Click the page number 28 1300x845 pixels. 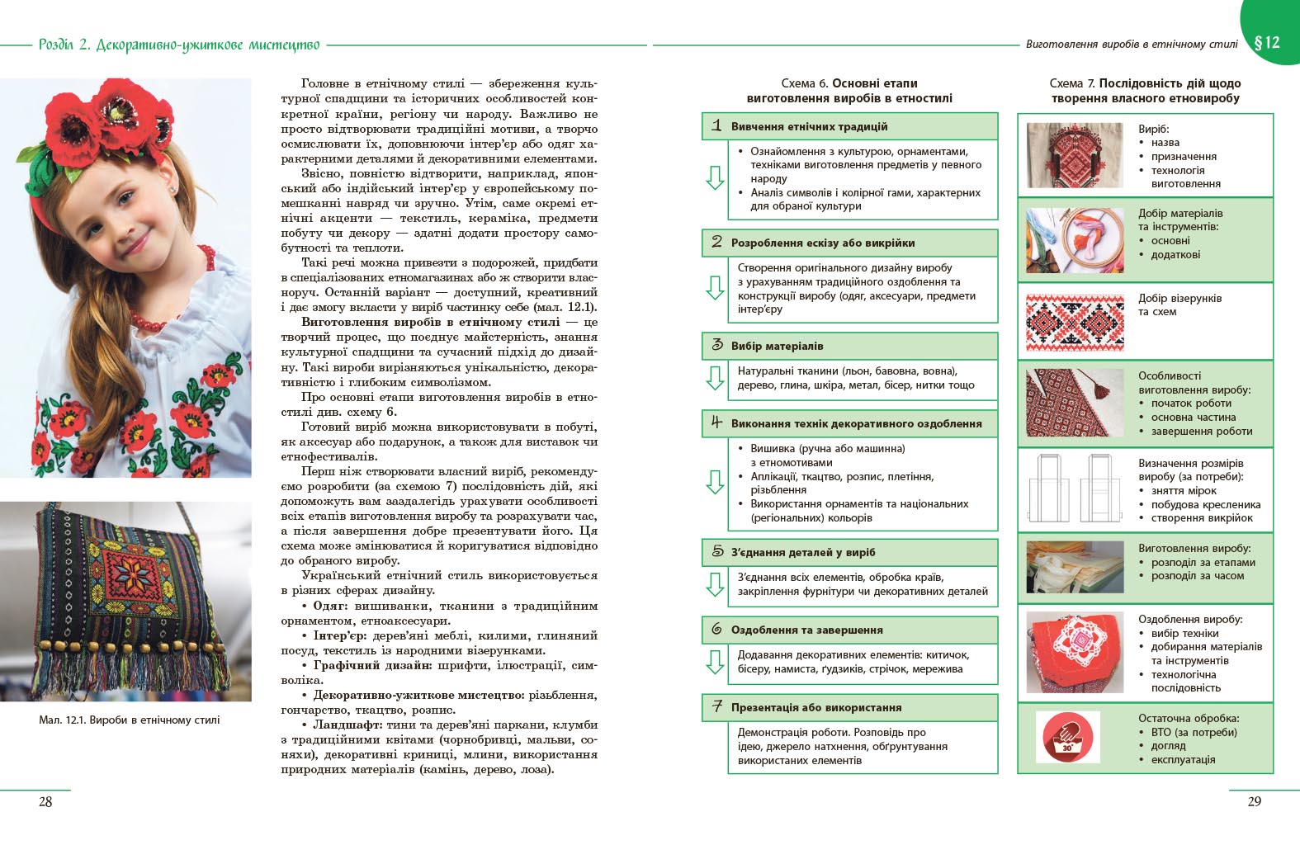coord(45,801)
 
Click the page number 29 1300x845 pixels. coord(1254,801)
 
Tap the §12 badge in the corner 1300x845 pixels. coord(1266,42)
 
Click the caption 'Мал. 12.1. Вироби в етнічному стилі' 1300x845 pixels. coord(130,720)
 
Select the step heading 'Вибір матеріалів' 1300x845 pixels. coord(777,347)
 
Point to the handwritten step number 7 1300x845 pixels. coord(716,706)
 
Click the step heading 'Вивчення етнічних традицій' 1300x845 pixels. coord(809,127)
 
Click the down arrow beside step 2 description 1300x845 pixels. coord(715,288)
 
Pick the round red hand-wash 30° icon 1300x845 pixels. coord(1067,738)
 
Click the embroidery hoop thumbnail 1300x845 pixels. coord(1075,240)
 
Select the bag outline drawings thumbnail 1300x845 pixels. coord(1075,489)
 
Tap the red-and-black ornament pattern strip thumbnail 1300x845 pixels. coord(1075,321)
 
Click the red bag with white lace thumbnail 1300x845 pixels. coord(1075,651)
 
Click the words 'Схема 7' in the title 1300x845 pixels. coord(1071,83)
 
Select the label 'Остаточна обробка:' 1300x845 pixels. coord(1189,719)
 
